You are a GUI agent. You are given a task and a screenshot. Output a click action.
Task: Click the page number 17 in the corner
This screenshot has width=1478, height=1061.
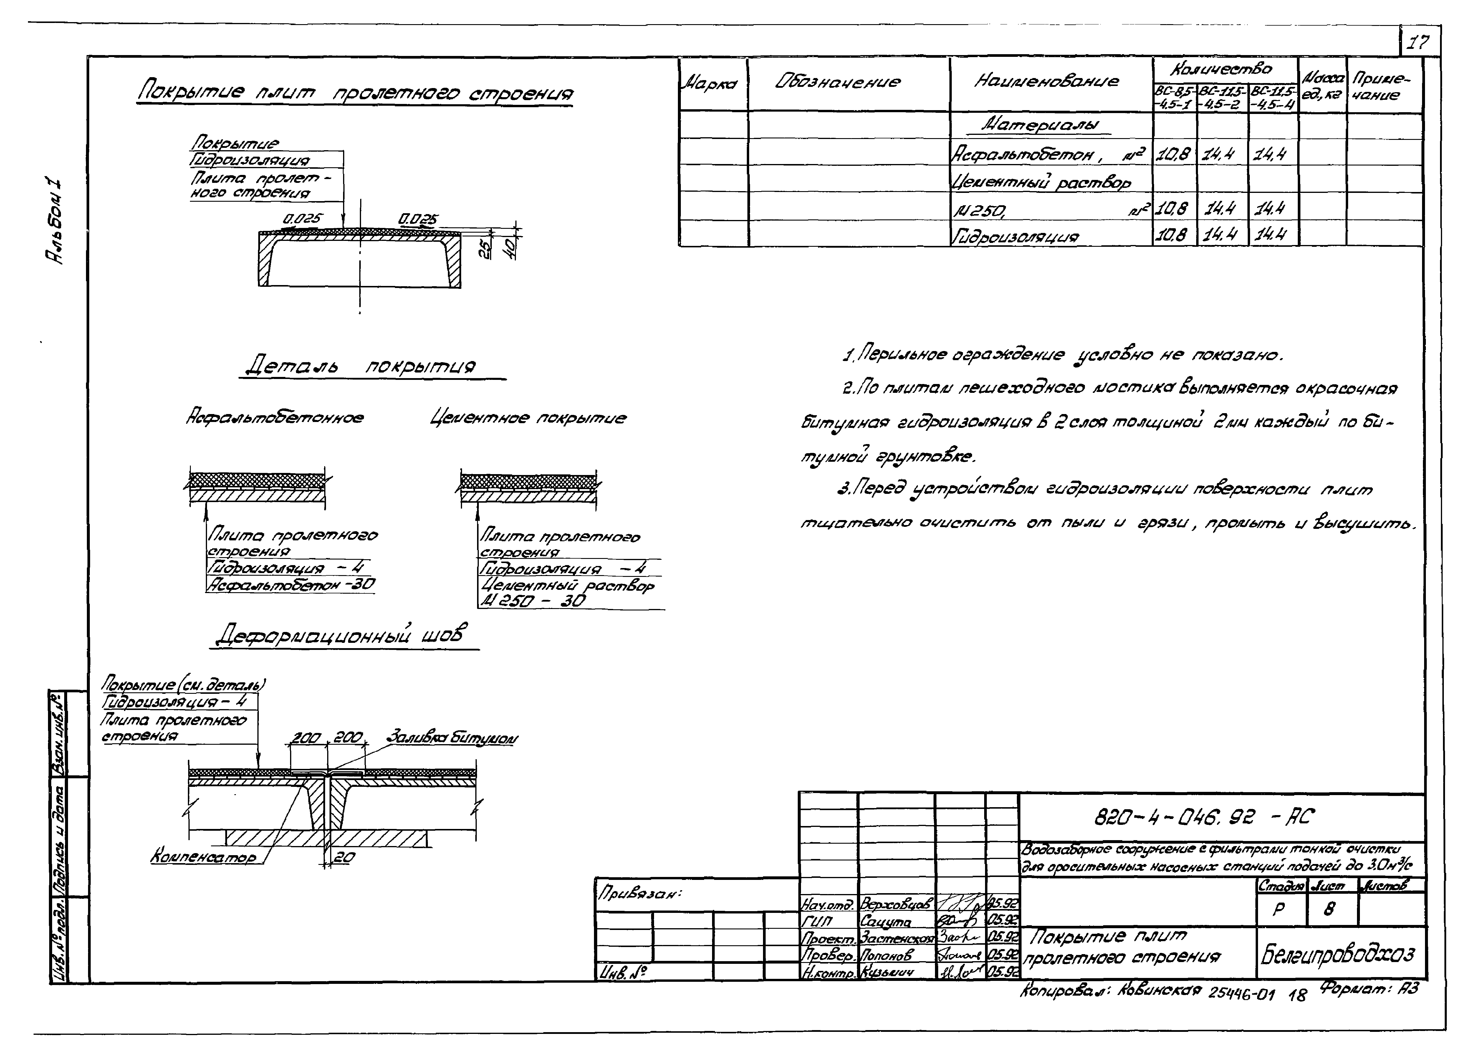tap(1418, 43)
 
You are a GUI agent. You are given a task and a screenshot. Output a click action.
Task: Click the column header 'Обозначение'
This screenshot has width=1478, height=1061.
tap(838, 82)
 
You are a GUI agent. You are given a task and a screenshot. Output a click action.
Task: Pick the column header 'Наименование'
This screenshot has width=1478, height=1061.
tap(1046, 81)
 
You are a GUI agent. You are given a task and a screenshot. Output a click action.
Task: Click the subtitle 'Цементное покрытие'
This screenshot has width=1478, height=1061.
tap(528, 418)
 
